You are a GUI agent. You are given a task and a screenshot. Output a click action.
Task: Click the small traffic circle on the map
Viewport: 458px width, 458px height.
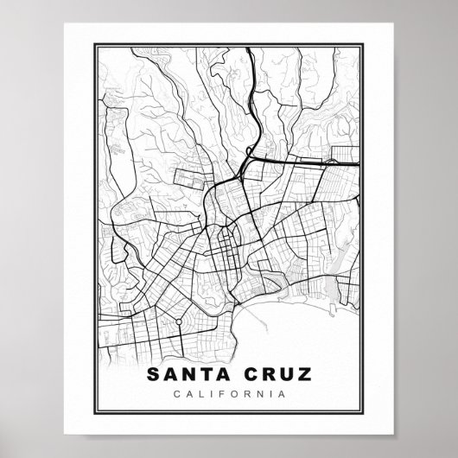pos(179,321)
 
